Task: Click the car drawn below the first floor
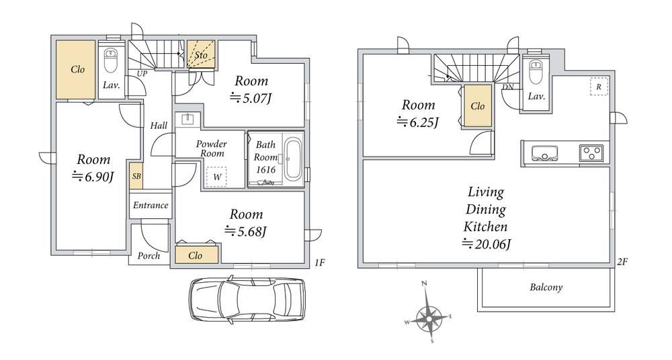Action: pyautogui.click(x=247, y=300)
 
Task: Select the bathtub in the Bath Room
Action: pyautogui.click(x=294, y=158)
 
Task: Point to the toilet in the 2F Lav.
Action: pyautogui.click(x=536, y=71)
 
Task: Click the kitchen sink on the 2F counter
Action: pyautogui.click(x=544, y=153)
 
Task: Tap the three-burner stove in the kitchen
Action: pyautogui.click(x=591, y=153)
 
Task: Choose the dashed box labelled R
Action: pyautogui.click(x=599, y=87)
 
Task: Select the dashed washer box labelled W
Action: pyautogui.click(x=217, y=177)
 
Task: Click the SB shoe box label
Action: pyautogui.click(x=136, y=176)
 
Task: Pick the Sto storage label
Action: pyautogui.click(x=200, y=55)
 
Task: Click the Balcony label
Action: pyautogui.click(x=546, y=287)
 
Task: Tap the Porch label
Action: pyautogui.click(x=149, y=256)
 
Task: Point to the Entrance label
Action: pyautogui.click(x=151, y=206)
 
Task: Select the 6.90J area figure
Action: pyautogui.click(x=93, y=177)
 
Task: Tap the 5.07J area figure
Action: pyautogui.click(x=251, y=99)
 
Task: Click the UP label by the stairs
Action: pyautogui.click(x=142, y=74)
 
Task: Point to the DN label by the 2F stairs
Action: pyautogui.click(x=508, y=87)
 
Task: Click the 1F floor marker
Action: pyautogui.click(x=319, y=263)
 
